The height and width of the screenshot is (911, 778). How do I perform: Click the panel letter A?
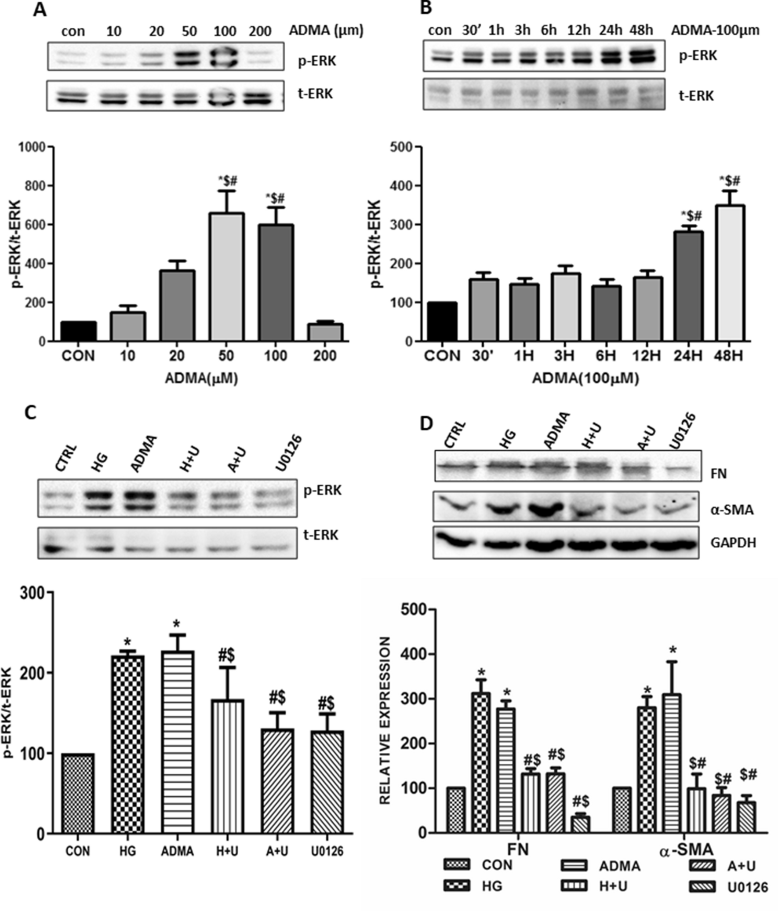click(40, 10)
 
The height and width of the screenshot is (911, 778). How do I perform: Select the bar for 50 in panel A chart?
click(226, 277)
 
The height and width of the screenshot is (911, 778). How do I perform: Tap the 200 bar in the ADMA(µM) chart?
click(325, 332)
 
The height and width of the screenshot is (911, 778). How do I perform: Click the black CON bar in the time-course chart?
click(442, 322)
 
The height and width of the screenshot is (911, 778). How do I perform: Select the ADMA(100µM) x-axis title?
click(585, 378)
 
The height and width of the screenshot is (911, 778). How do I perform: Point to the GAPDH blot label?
click(733, 543)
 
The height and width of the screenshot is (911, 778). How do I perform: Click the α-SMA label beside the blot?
click(732, 510)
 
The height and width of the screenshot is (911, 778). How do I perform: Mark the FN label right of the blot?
click(719, 474)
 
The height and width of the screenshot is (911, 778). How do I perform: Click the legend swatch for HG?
click(457, 885)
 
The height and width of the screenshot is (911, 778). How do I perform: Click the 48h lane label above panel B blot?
click(641, 30)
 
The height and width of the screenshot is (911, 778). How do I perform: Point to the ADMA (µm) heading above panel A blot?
click(326, 30)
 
